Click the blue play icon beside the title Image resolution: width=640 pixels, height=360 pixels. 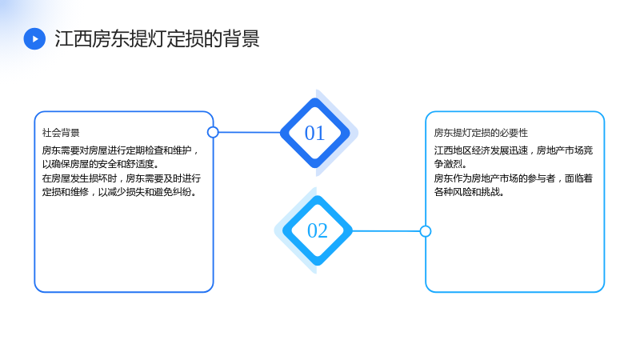click(34, 38)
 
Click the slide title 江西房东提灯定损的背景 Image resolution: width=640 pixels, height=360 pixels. click(157, 38)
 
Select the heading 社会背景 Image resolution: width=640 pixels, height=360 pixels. click(61, 133)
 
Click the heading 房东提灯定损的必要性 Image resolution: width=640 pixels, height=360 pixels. click(481, 133)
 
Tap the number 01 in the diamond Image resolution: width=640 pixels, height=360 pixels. click(314, 133)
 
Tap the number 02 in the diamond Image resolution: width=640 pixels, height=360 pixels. click(317, 230)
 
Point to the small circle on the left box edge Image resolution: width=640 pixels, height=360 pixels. click(213, 132)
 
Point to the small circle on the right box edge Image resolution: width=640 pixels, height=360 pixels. click(426, 231)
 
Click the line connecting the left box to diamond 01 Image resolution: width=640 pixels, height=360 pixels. click(250, 132)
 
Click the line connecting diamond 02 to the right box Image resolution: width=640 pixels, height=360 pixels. click(386, 231)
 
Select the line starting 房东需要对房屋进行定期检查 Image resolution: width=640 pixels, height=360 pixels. click(121, 150)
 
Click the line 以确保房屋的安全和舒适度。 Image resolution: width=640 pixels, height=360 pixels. click(101, 164)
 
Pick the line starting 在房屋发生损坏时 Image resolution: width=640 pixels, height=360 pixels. click(122, 178)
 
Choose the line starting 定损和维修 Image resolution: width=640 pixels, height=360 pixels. click(119, 192)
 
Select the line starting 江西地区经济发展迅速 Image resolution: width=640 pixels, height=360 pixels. click(514, 150)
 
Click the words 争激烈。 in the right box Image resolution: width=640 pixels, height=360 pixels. click(450, 164)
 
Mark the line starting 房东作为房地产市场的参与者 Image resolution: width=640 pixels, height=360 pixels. click(514, 178)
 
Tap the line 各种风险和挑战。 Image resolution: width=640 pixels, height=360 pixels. click(469, 192)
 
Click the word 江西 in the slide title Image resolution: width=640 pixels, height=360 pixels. click(73, 38)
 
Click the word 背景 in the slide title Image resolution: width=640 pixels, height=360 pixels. click(242, 38)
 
